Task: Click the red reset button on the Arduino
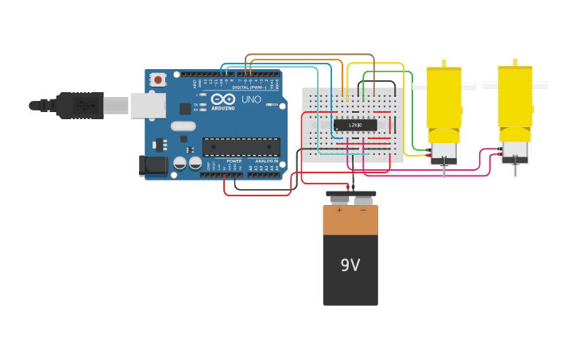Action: click(158, 79)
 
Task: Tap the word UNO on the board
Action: click(251, 100)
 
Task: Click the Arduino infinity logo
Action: click(222, 99)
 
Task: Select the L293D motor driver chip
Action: click(354, 125)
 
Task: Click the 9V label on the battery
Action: click(350, 265)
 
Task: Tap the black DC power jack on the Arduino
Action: click(153, 165)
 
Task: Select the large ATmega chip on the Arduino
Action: click(241, 146)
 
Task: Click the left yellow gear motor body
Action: click(443, 99)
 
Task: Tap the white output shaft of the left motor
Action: click(418, 86)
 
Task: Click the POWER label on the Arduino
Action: click(223, 161)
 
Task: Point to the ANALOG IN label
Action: click(266, 161)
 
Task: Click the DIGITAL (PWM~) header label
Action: click(249, 87)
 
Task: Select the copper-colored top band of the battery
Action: click(350, 220)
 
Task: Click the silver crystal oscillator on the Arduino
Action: click(183, 126)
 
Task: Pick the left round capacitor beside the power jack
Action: click(180, 163)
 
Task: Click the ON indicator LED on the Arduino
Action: click(275, 117)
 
